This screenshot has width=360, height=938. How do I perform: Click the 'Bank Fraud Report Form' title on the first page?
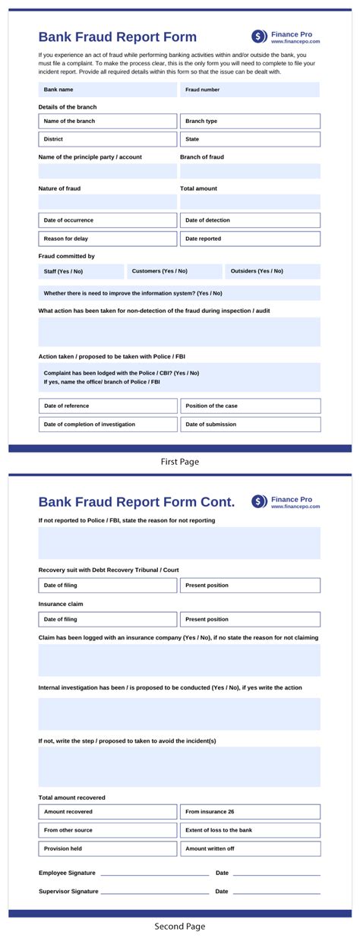pyautogui.click(x=117, y=37)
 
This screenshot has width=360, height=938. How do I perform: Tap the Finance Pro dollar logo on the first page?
pyautogui.click(x=260, y=36)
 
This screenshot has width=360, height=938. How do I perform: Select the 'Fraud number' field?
pyautogui.click(x=250, y=90)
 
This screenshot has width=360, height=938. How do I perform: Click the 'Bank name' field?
pyautogui.click(x=107, y=90)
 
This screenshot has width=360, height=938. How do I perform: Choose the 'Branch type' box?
pyautogui.click(x=250, y=121)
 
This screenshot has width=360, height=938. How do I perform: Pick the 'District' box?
pyautogui.click(x=107, y=139)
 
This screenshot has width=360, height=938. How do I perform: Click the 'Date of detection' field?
pyautogui.click(x=250, y=220)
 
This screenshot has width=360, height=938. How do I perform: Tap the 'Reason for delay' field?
pyautogui.click(x=107, y=238)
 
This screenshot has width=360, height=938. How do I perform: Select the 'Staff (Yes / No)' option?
pyautogui.click(x=81, y=271)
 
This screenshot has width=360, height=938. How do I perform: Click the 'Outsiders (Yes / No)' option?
pyautogui.click(x=272, y=271)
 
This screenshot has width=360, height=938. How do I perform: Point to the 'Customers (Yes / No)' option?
pyautogui.click(x=173, y=271)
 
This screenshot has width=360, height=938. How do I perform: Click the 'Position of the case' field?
pyautogui.click(x=250, y=406)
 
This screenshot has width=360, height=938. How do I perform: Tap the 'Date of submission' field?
pyautogui.click(x=250, y=424)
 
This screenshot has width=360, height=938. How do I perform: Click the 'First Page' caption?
pyautogui.click(x=180, y=461)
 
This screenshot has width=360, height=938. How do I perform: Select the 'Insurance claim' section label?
pyautogui.click(x=61, y=604)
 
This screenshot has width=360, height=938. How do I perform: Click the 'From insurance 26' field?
pyautogui.click(x=250, y=811)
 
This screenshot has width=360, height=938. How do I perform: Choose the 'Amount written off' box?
pyautogui.click(x=250, y=848)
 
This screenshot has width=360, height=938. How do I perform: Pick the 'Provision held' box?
pyautogui.click(x=107, y=848)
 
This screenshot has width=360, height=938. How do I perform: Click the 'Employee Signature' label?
pyautogui.click(x=68, y=873)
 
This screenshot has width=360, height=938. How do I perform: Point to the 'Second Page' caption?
pyautogui.click(x=180, y=926)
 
